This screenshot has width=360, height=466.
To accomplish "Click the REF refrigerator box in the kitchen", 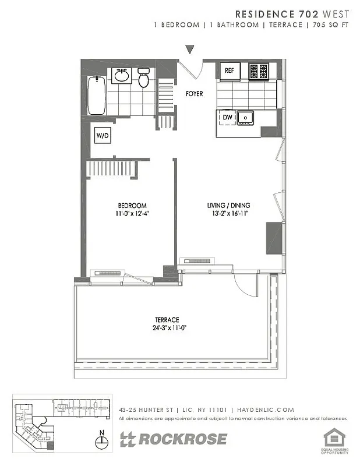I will [x=229, y=70].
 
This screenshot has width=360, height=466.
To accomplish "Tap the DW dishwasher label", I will [x=227, y=118].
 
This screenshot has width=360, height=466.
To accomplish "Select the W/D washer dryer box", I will [x=102, y=136].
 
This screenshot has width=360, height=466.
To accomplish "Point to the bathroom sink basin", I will [x=122, y=76].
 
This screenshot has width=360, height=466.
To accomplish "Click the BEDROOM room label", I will [x=132, y=206].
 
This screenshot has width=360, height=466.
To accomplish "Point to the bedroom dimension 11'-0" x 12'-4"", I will [x=132, y=214].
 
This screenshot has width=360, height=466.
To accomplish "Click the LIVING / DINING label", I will [x=228, y=206].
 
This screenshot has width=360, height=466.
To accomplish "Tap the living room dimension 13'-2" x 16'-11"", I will [x=228, y=214].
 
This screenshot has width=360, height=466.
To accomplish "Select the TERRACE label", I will [x=167, y=319].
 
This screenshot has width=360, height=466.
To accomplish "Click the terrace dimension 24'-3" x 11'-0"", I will [x=167, y=327].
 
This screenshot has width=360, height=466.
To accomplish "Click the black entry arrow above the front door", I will [x=189, y=50].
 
